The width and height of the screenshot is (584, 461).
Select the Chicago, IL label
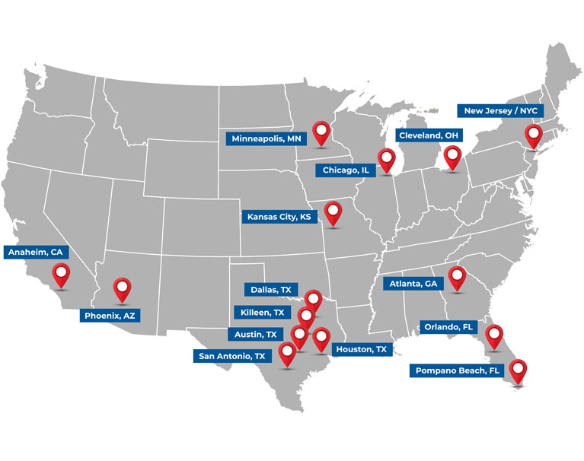click(x=346, y=170)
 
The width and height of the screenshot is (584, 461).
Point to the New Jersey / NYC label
click(x=501, y=110)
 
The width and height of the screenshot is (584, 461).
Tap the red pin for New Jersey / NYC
click(x=533, y=135)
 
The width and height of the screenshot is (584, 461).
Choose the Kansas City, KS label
click(x=279, y=217)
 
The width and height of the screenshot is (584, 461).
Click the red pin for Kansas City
click(x=333, y=211)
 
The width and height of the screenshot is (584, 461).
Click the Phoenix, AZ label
click(x=110, y=315)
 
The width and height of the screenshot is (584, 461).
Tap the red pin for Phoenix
click(x=122, y=288)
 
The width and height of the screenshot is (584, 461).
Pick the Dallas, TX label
click(x=271, y=290)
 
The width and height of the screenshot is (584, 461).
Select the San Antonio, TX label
click(x=231, y=355)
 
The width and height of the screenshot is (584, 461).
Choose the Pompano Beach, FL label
click(x=458, y=370)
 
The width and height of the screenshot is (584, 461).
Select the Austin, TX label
click(x=255, y=334)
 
